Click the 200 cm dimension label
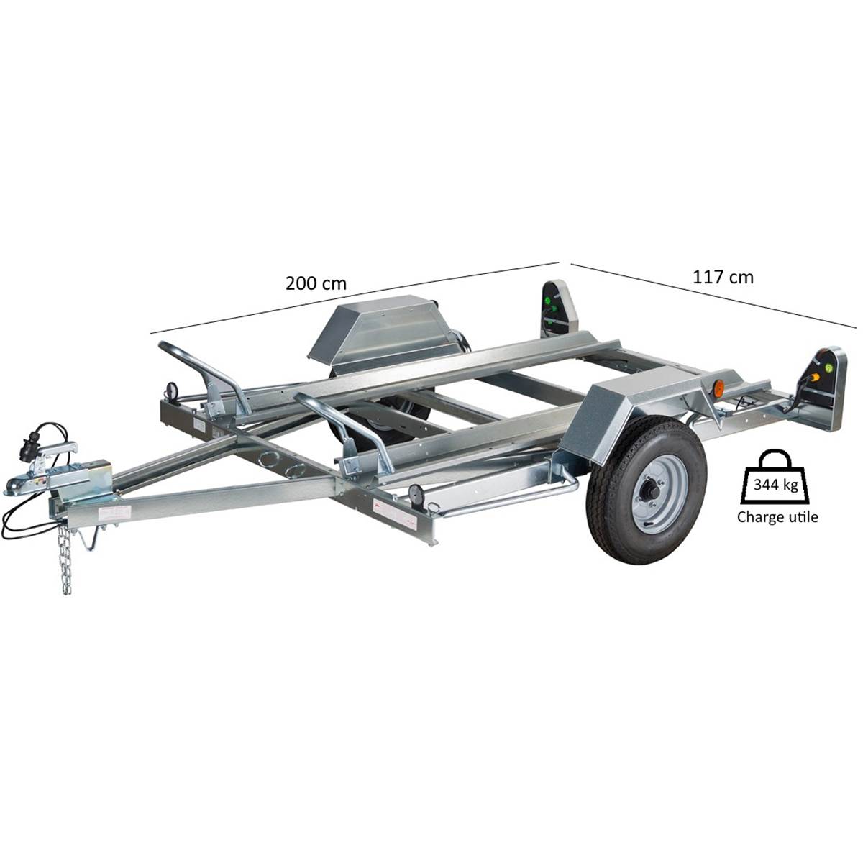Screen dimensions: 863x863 click(x=316, y=283)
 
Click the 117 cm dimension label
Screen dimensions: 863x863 click(x=723, y=277)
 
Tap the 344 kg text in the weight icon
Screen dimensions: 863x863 click(x=776, y=485)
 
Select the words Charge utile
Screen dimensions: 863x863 click(x=777, y=517)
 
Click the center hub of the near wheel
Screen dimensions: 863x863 click(x=652, y=491)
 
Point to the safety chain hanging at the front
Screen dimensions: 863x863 click(x=65, y=559)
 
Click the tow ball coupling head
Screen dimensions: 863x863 click(x=20, y=484)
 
